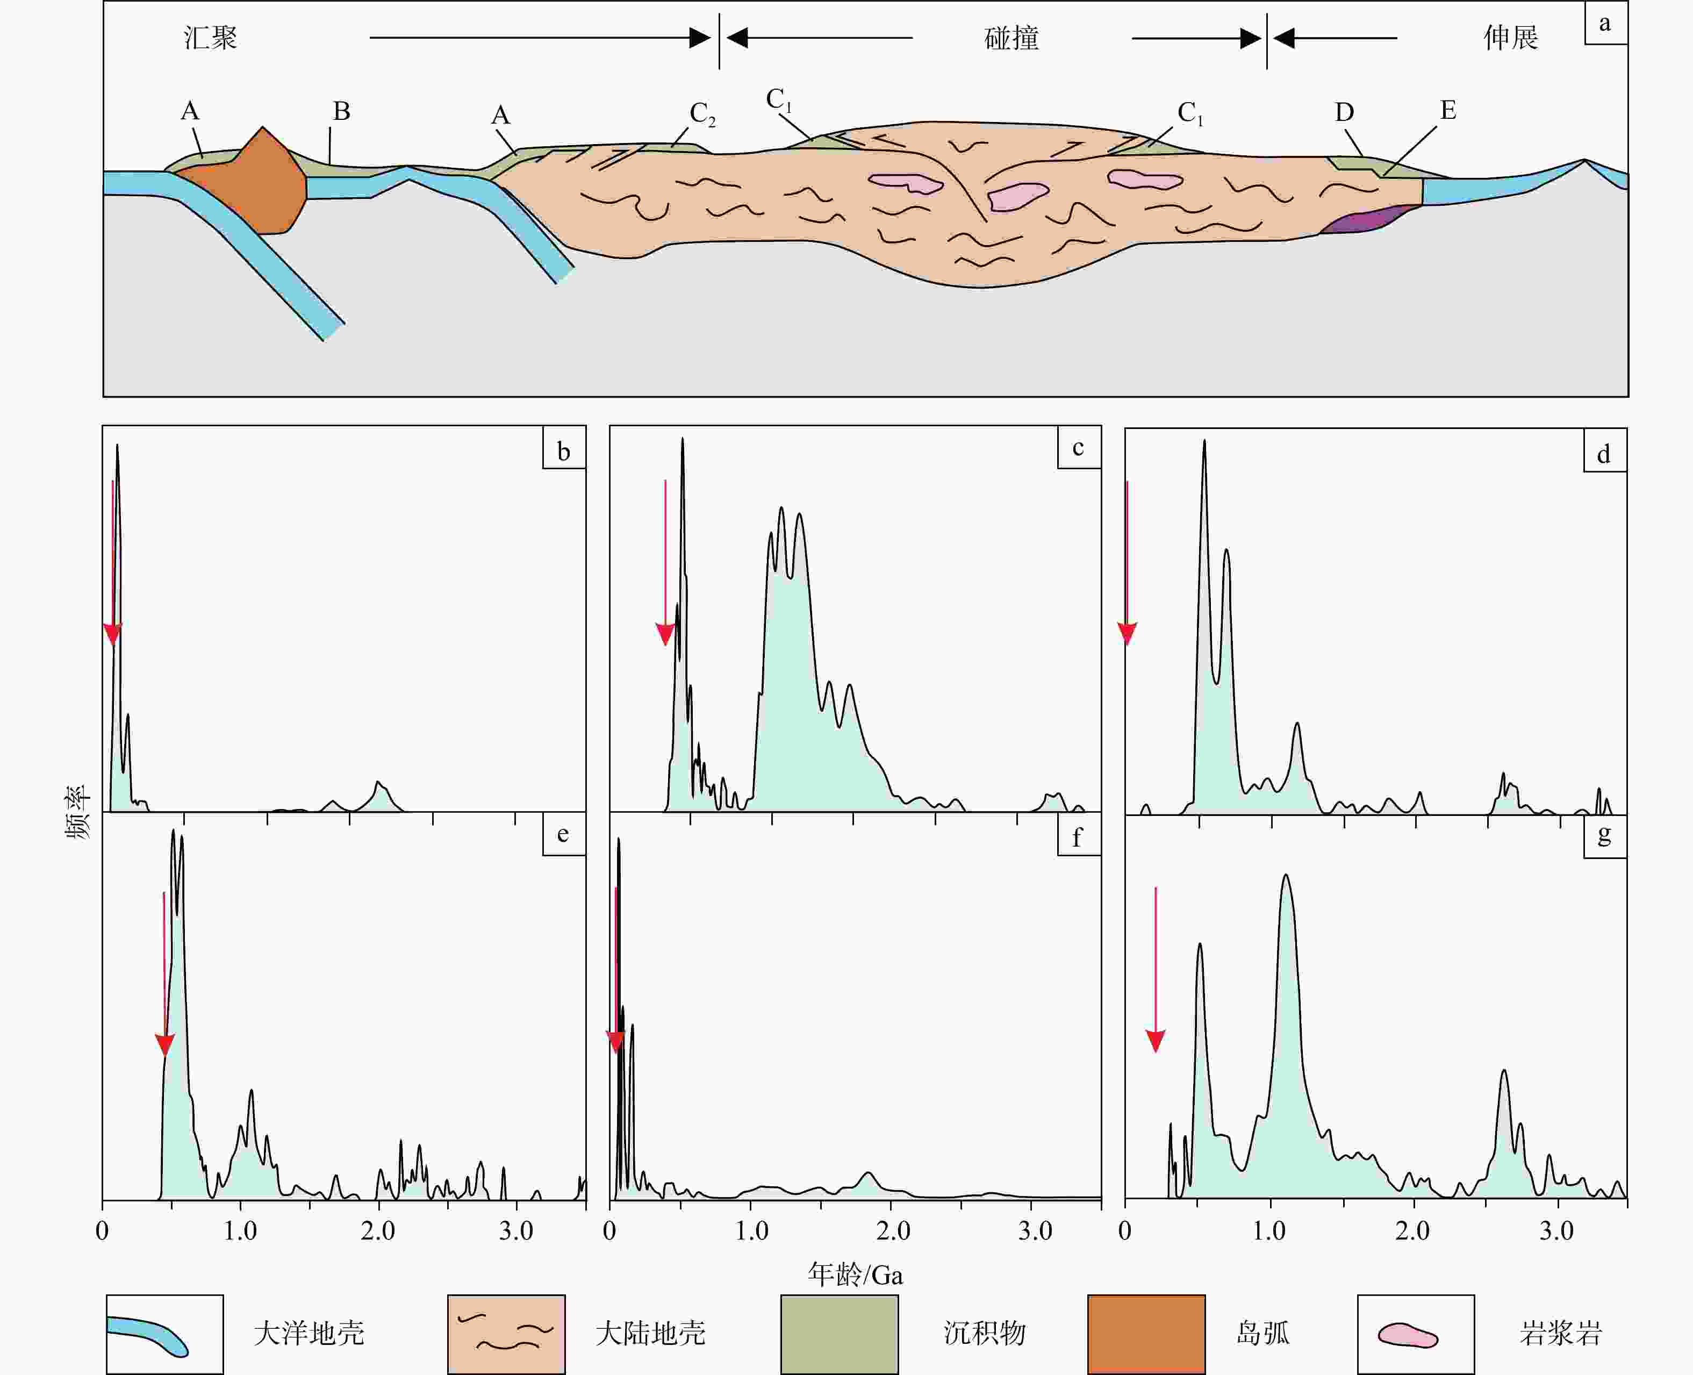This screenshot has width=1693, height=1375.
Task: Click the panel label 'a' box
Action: click(x=1605, y=23)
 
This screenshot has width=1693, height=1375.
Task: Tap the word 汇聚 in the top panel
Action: click(x=211, y=37)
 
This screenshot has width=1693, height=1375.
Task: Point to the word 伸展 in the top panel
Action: click(x=1511, y=37)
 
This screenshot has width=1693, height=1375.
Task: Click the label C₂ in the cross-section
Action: click(x=701, y=114)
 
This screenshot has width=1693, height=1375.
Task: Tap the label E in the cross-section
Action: click(x=1447, y=110)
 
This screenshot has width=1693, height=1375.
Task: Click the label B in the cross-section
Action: click(x=341, y=112)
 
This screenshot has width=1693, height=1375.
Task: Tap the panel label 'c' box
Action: click(x=1079, y=448)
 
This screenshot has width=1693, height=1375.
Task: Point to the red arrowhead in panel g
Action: click(x=1156, y=1041)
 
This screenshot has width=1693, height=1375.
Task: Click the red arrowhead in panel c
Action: click(x=665, y=634)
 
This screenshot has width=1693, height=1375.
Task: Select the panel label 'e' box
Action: click(x=563, y=834)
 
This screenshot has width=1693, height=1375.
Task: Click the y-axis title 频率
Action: click(x=77, y=813)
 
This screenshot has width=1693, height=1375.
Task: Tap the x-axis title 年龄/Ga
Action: click(x=855, y=1274)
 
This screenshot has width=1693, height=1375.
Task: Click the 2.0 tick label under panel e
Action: click(x=378, y=1231)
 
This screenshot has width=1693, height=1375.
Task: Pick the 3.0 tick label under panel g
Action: click(x=1556, y=1231)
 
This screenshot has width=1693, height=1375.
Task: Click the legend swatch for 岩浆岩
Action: click(x=1415, y=1334)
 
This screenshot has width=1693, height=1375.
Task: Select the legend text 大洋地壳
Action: click(x=309, y=1334)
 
